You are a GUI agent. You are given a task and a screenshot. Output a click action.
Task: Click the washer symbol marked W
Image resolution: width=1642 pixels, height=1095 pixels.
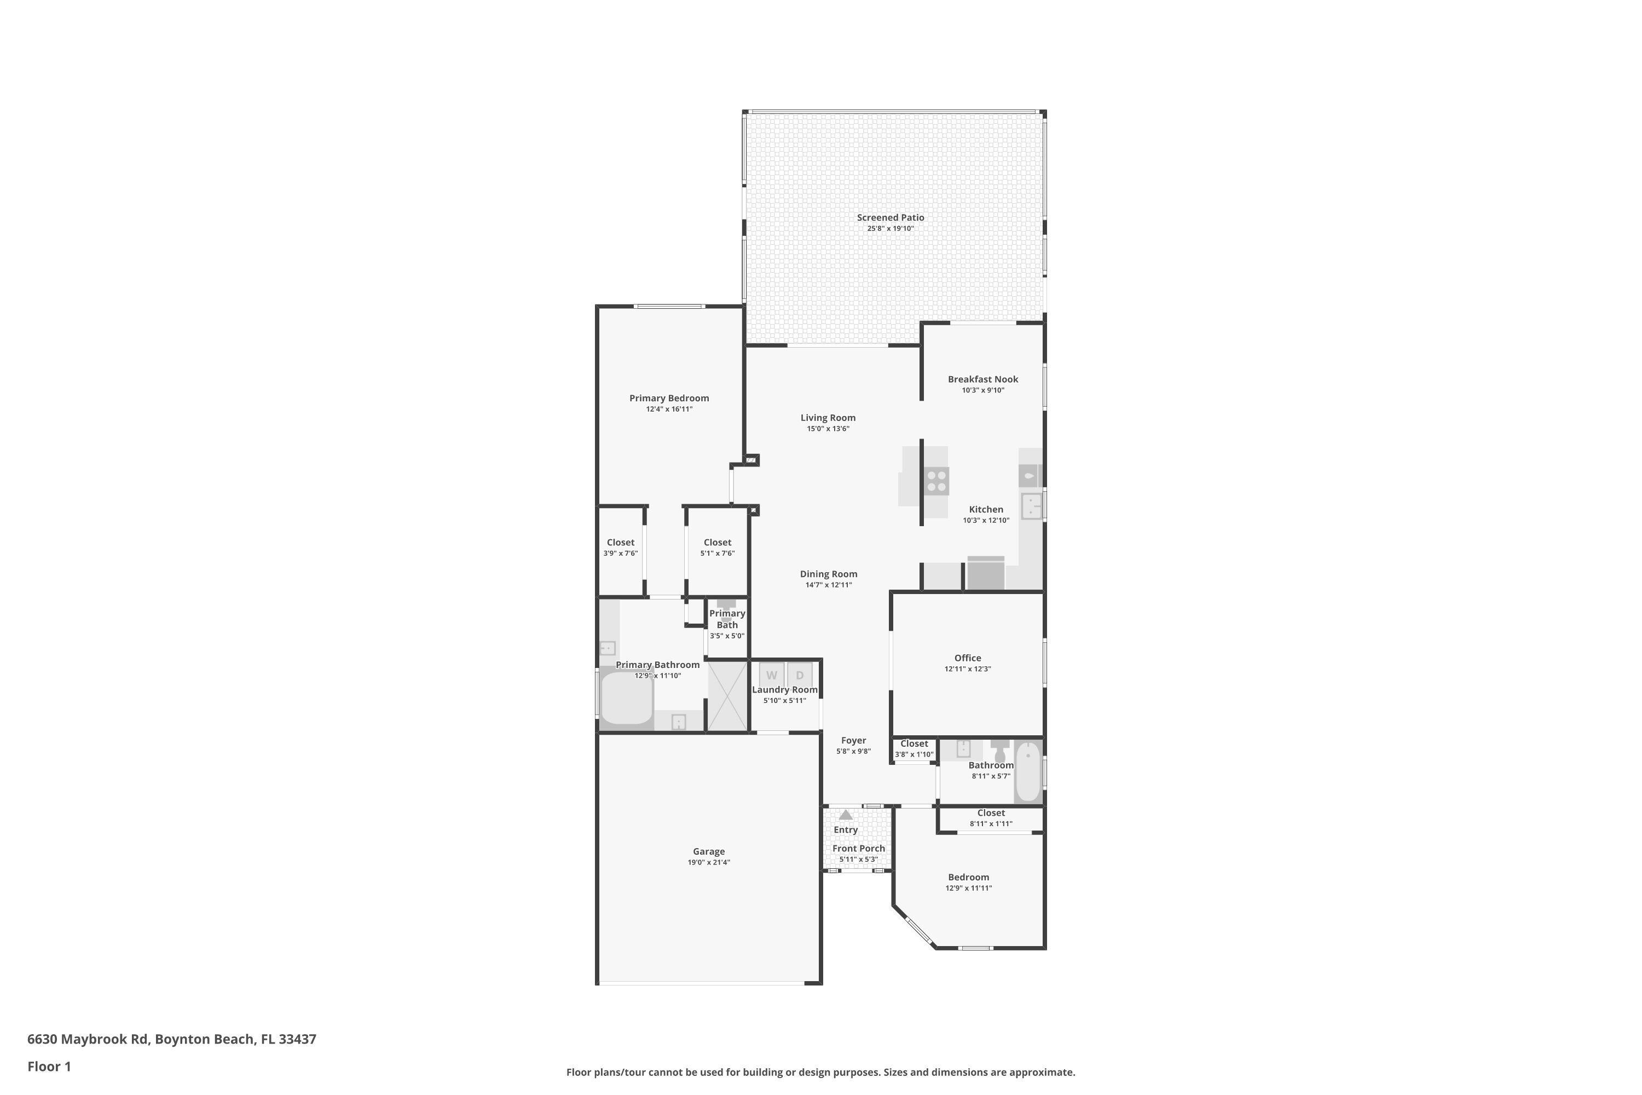point(771,675)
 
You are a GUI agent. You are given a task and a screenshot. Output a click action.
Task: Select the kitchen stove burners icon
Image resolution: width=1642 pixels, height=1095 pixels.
point(936,481)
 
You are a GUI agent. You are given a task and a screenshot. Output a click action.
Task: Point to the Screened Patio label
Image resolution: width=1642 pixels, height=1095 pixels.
point(890,217)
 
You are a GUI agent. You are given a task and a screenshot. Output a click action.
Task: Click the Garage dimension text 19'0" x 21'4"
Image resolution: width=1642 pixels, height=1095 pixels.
point(709,862)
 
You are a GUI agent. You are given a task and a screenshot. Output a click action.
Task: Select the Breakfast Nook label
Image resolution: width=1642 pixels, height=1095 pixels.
point(982,379)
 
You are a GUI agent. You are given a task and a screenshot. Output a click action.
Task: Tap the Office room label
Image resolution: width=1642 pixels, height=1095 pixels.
point(968,658)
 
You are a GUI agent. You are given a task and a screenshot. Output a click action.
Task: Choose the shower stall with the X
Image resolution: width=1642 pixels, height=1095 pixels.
point(727,696)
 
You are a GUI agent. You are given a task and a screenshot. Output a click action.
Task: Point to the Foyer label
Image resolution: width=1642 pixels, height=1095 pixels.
point(853,740)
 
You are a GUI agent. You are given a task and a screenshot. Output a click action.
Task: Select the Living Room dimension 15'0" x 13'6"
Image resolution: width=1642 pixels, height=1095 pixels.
point(828,429)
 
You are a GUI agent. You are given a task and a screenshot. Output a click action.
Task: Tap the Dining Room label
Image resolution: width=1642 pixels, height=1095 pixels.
point(828,574)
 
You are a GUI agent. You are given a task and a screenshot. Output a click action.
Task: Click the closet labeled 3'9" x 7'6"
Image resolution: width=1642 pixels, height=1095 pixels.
point(620,547)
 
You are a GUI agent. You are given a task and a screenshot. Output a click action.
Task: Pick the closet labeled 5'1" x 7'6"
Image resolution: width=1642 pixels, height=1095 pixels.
point(717,547)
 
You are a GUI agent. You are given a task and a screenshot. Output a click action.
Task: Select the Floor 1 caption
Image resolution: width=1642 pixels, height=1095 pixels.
point(49,1067)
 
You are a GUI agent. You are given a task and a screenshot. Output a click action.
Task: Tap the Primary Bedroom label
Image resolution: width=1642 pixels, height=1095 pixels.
point(669,398)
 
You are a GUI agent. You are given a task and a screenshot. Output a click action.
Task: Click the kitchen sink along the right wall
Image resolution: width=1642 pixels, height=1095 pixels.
point(1031,505)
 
